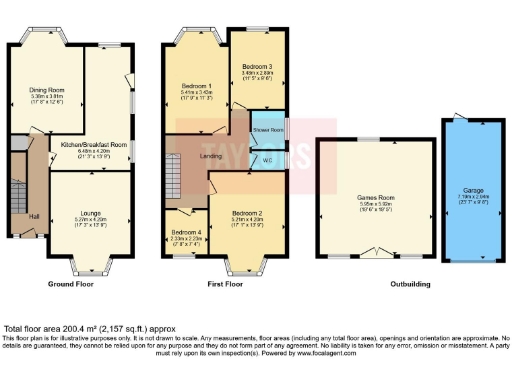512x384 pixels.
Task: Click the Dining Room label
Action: [x=46, y=89]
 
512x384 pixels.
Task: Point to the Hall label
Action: [x=33, y=217]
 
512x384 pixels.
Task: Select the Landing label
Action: [x=211, y=155]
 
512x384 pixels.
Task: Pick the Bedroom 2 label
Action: [x=246, y=214]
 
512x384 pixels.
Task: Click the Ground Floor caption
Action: [x=71, y=284]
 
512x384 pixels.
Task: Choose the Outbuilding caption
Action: [x=413, y=284]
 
